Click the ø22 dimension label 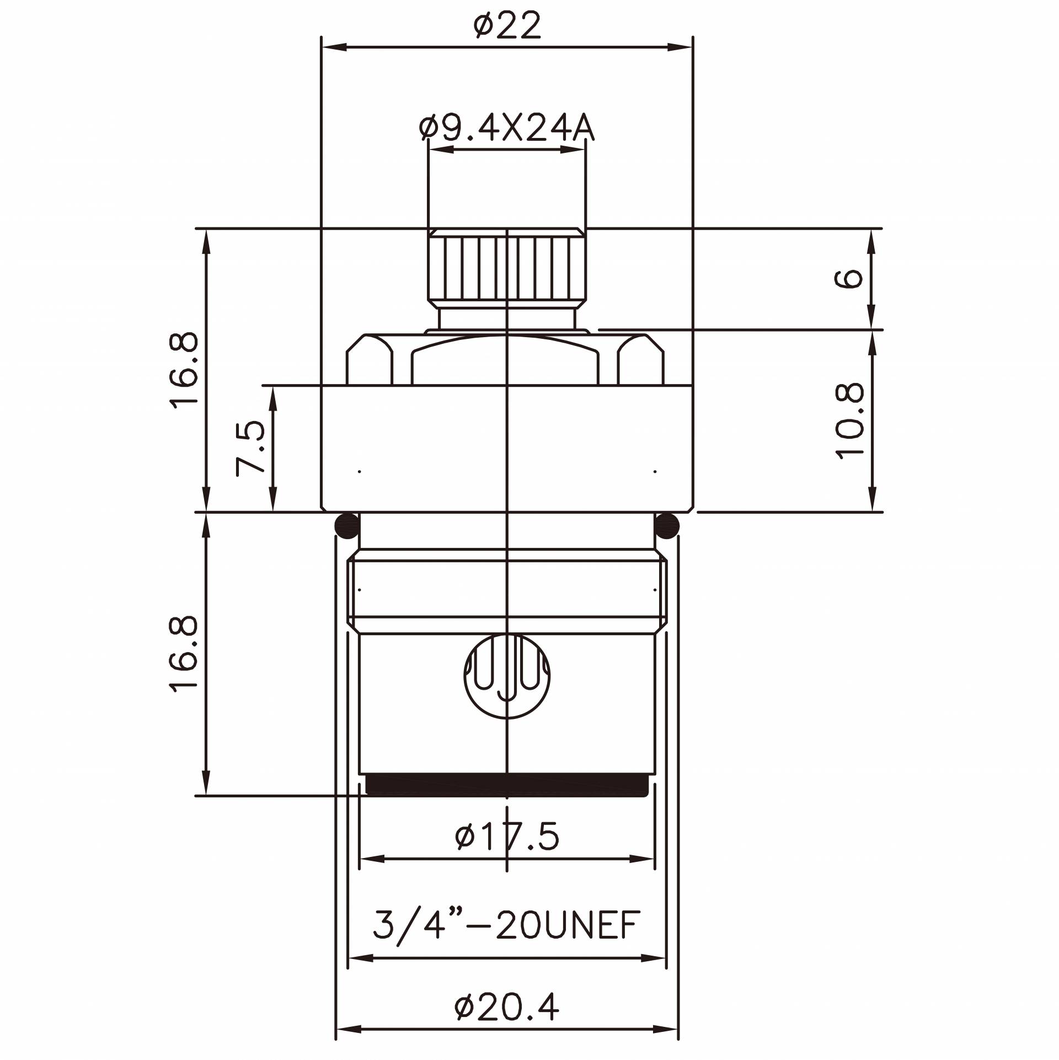pyautogui.click(x=507, y=26)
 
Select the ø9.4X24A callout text pyautogui.click(x=506, y=129)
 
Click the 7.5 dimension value pyautogui.click(x=251, y=448)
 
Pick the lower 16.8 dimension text pyautogui.click(x=184, y=653)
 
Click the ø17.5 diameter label pyautogui.click(x=507, y=836)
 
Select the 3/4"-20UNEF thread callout pyautogui.click(x=506, y=925)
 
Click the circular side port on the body pyautogui.click(x=507, y=676)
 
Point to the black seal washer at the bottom pyautogui.click(x=507, y=785)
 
